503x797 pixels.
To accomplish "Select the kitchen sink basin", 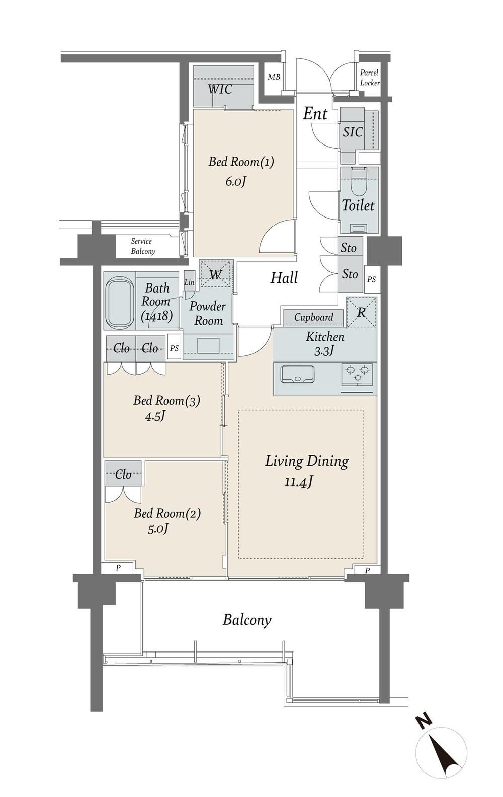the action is click(297, 374).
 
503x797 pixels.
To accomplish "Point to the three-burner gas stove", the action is click(357, 374).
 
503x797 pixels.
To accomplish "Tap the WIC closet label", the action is click(220, 89).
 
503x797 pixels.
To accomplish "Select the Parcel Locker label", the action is click(370, 78).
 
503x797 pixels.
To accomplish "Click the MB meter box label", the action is click(274, 77).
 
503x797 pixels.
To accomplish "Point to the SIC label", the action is click(353, 132).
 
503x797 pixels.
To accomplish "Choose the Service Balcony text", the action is click(143, 246).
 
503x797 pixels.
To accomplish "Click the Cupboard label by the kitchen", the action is click(314, 317).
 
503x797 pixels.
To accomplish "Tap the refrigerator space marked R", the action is click(361, 312).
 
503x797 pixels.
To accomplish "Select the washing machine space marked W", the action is click(215, 274).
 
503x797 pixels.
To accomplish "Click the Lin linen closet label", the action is click(189, 282).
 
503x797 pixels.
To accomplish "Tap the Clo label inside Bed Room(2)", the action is click(123, 474).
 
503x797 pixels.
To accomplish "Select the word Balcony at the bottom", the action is click(246, 620).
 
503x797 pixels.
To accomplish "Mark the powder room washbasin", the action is click(208, 345).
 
